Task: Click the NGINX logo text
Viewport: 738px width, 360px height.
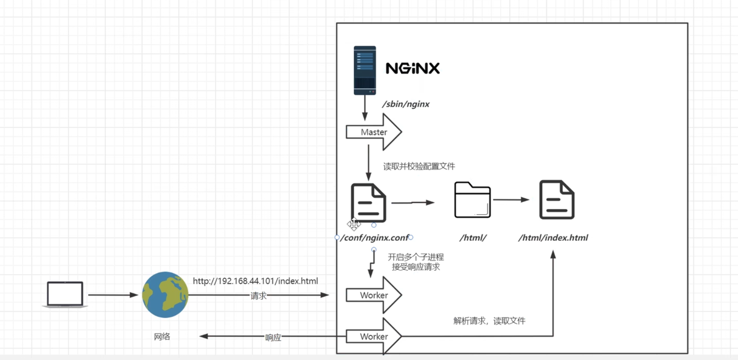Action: click(413, 68)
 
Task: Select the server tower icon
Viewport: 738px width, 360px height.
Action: click(365, 70)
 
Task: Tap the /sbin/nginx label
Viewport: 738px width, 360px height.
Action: click(406, 104)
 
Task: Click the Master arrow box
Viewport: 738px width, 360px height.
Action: click(374, 132)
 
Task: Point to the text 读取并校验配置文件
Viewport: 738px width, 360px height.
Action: click(419, 166)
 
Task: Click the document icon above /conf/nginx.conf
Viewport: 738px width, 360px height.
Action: click(368, 202)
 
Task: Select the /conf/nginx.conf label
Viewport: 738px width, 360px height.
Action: click(374, 238)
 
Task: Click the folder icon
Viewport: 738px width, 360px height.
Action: click(473, 200)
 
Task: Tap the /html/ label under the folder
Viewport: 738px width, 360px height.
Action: click(473, 238)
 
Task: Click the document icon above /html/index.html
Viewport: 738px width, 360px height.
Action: click(557, 200)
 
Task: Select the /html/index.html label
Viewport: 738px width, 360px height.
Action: click(553, 238)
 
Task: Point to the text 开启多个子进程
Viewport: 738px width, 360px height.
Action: click(416, 257)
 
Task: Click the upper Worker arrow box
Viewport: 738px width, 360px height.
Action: click(374, 295)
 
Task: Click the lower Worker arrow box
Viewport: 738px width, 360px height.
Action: click(374, 336)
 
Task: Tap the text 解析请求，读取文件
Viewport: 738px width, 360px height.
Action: click(489, 321)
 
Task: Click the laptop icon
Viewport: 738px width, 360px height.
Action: click(65, 294)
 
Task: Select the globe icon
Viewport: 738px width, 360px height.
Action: click(165, 295)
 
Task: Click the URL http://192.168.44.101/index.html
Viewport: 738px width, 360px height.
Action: click(255, 281)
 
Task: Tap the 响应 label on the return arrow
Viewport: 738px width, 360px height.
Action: click(273, 337)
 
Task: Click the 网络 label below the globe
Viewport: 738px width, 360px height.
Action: click(162, 337)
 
